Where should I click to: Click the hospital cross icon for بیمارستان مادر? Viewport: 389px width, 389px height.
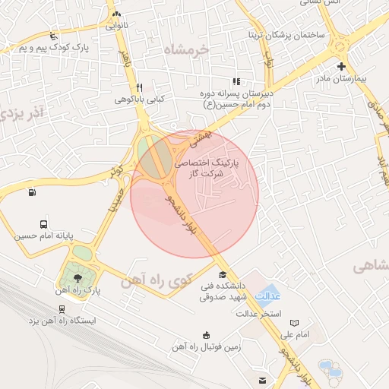[341, 66]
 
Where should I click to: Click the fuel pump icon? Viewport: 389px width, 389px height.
[31, 191]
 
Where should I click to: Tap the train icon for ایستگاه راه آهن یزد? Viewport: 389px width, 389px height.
[61, 309]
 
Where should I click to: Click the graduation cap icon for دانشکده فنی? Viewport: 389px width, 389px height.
[222, 275]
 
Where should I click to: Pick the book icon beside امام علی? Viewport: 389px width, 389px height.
[294, 322]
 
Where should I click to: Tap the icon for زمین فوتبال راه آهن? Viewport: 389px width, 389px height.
[206, 335]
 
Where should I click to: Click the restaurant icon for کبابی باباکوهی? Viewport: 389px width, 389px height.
[139, 87]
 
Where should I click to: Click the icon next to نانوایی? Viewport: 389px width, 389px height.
[115, 14]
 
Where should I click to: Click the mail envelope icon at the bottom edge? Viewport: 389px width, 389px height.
[263, 380]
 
